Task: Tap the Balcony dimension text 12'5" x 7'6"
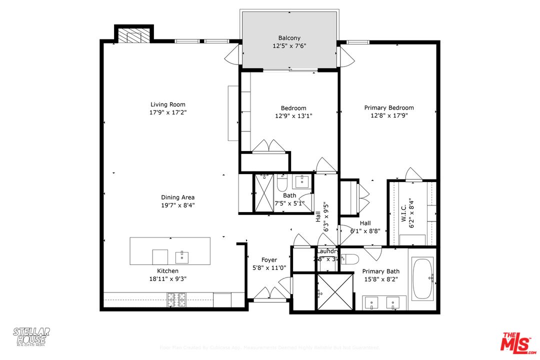coord(289,46)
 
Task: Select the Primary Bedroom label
coord(388,107)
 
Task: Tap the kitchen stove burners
coord(176,299)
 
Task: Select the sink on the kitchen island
coord(182,257)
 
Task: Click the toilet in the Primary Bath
coord(350,259)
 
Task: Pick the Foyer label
coord(269,260)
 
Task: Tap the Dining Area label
coord(177,197)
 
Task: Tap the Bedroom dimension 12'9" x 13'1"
coord(293,116)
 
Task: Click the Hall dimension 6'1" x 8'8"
coord(365,231)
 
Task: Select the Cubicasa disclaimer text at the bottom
coord(269,347)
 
